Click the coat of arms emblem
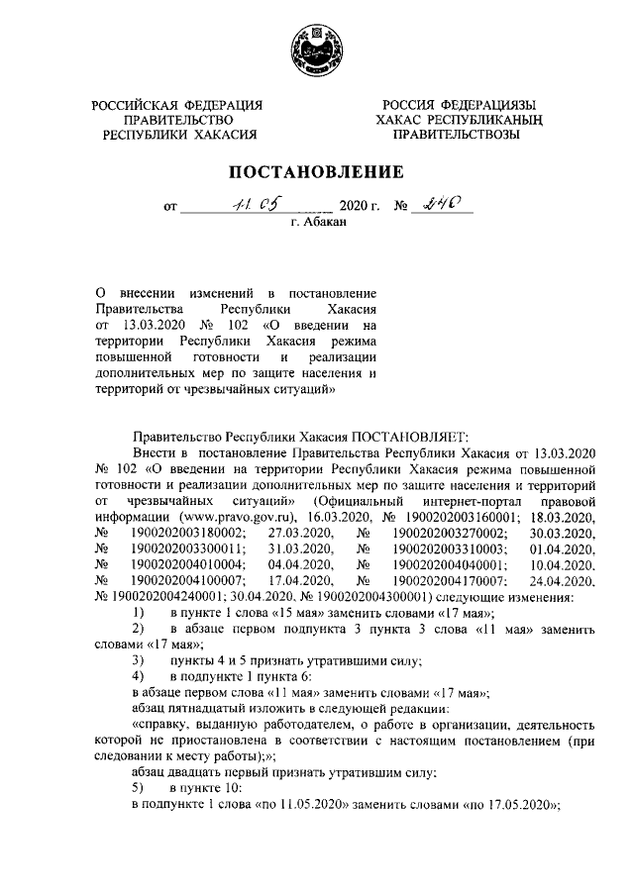pos(318,50)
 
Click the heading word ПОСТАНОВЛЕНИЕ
pos(317,172)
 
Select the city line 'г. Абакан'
pos(317,224)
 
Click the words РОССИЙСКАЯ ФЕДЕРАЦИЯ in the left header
pos(177,106)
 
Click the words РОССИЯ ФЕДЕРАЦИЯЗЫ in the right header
pos(456,106)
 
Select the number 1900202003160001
pos(466,516)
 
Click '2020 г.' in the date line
pos(360,208)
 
